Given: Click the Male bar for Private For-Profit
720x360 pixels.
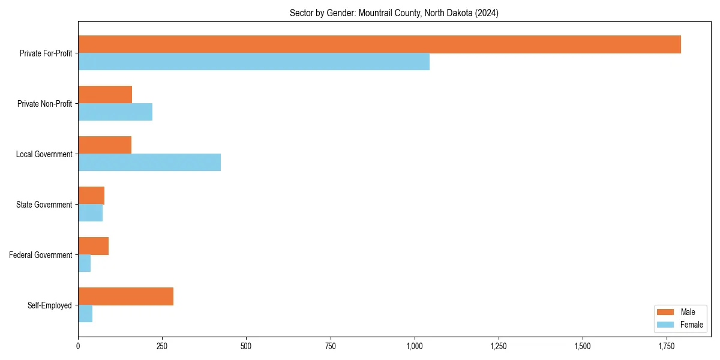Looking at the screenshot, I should coord(379,44).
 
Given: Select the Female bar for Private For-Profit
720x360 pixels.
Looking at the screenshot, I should coord(254,62).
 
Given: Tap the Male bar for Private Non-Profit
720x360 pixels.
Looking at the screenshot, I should coord(105,95).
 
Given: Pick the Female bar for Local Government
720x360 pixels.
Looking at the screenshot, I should coord(149,163).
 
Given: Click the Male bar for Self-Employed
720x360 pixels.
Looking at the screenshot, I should coord(125,296).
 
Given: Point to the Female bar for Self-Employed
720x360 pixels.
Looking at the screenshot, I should coord(85,314).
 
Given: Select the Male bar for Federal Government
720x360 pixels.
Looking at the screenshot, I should coord(93,246).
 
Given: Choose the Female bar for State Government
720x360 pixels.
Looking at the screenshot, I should coord(90,213).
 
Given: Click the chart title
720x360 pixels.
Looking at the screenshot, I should coord(394,13).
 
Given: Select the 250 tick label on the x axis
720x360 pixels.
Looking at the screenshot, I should coord(162,347).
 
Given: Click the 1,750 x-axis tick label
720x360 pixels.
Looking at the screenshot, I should coord(667,347).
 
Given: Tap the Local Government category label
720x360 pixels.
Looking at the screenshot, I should coord(44,154).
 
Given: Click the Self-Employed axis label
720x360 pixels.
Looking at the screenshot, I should coord(50,305).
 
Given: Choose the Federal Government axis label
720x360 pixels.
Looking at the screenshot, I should coord(41,255).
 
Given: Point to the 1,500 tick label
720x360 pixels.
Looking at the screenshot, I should coord(583,347).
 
